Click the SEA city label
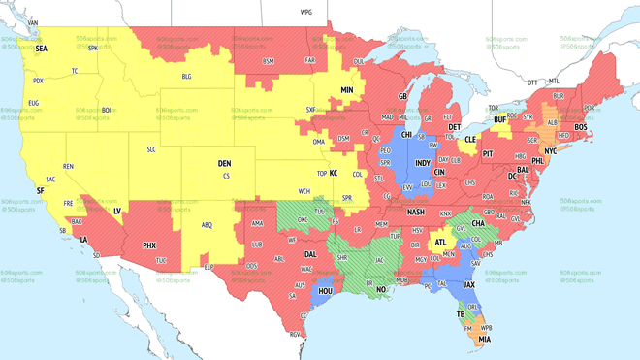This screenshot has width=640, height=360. tap(41, 48)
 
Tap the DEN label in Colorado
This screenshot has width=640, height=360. tap(224, 164)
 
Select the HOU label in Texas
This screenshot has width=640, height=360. tap(326, 291)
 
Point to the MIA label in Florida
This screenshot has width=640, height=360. tap(484, 340)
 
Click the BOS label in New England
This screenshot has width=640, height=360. tap(581, 127)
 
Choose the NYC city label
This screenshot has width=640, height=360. tap(551, 151)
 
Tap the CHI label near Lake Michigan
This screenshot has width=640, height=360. tap(407, 135)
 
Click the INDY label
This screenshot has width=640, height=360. tap(423, 163)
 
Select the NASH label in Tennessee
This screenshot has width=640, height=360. tap(416, 212)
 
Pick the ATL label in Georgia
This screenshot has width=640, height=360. tap(441, 243)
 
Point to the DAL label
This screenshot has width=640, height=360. tap(310, 254)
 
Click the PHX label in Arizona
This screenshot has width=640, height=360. tap(149, 245)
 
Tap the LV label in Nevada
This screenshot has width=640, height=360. tap(117, 211)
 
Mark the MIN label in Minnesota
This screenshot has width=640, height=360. tap(347, 90)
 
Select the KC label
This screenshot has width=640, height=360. tap(333, 174)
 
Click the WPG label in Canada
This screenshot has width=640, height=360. tap(306, 13)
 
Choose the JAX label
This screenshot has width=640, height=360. tap(469, 285)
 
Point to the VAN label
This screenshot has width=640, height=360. tap(33, 22)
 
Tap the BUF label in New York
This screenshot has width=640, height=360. tap(500, 120)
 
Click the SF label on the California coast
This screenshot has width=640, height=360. tap(40, 191)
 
